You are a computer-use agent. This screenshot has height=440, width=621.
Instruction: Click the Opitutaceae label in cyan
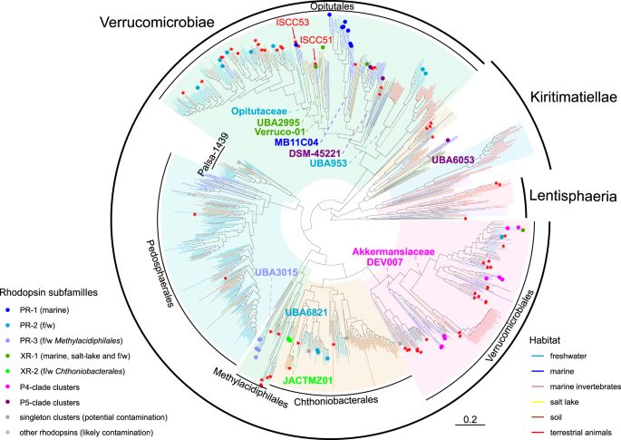[263, 111]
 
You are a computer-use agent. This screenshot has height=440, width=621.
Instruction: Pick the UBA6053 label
[451, 160]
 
